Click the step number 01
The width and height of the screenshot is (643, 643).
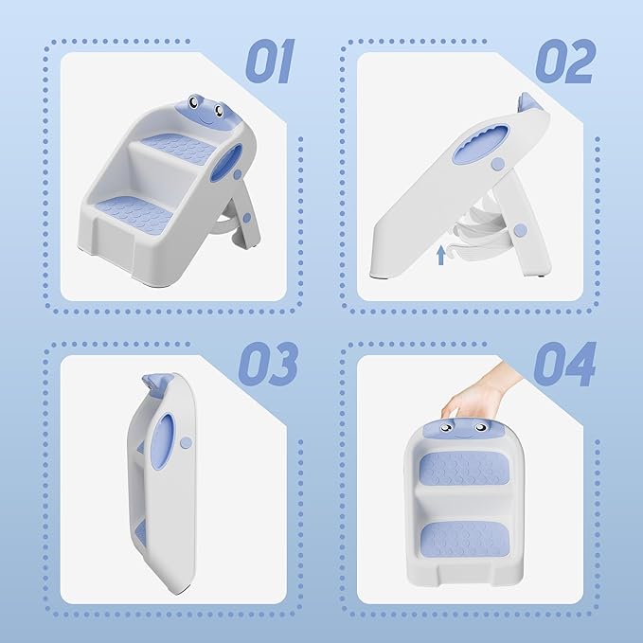[x=270, y=62]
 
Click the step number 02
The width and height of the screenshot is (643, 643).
[x=565, y=62]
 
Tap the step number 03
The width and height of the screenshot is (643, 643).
[x=268, y=365]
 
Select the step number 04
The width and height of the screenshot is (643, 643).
[x=564, y=365]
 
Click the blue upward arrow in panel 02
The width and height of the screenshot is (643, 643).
[x=441, y=255]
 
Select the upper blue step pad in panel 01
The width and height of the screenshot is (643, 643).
[x=180, y=147]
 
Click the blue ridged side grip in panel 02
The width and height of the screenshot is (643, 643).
[x=481, y=143]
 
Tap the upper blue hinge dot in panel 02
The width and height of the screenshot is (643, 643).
[x=498, y=164]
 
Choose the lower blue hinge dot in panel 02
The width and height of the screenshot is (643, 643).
[x=521, y=230]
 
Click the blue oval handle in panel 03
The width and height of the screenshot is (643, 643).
[x=162, y=441]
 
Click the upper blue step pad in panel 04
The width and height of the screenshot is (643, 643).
[x=463, y=469]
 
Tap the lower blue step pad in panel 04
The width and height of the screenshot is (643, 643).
[x=465, y=539]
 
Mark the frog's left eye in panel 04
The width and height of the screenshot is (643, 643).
[x=446, y=428]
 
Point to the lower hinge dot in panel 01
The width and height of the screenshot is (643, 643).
[x=246, y=218]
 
